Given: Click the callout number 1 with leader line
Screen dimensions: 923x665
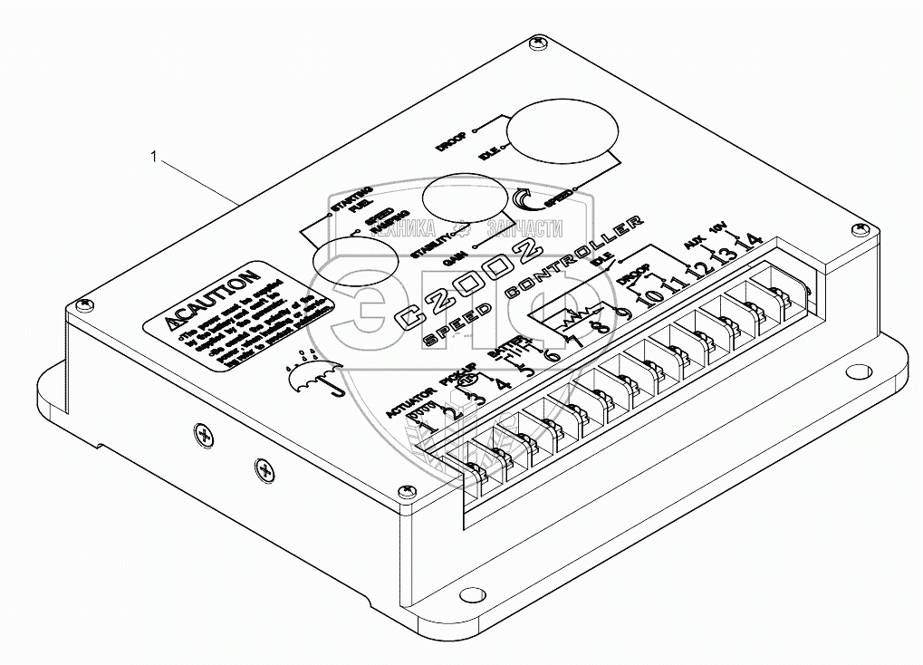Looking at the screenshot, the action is click(155, 158).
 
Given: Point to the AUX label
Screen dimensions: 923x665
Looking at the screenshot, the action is click(693, 244).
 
